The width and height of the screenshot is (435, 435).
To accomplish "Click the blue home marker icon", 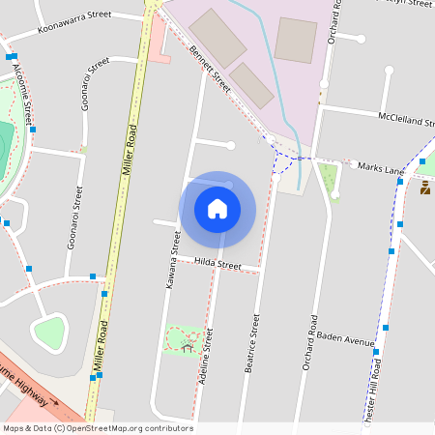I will [x=217, y=209].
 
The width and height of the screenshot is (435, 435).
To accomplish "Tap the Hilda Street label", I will [x=217, y=263].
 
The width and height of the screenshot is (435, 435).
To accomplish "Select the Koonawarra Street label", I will [x=73, y=23].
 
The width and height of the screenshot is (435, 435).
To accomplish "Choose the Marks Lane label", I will [x=381, y=168].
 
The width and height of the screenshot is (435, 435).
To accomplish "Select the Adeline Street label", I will [x=205, y=357].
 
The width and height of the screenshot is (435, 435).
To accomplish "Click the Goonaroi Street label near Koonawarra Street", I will [x=95, y=83].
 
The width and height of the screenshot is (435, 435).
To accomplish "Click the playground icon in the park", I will [x=188, y=344].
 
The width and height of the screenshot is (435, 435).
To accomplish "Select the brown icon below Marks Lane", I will [x=425, y=188].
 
